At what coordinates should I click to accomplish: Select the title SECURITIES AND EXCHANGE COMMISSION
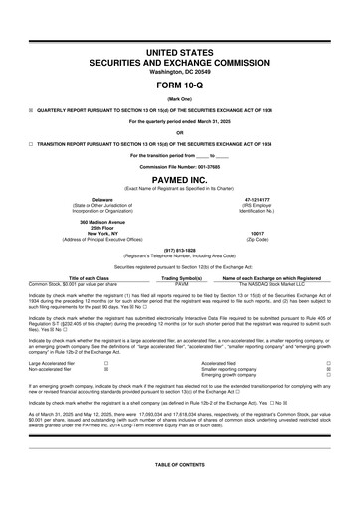click(x=179, y=63)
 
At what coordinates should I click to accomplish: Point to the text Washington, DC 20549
click(x=179, y=73)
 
